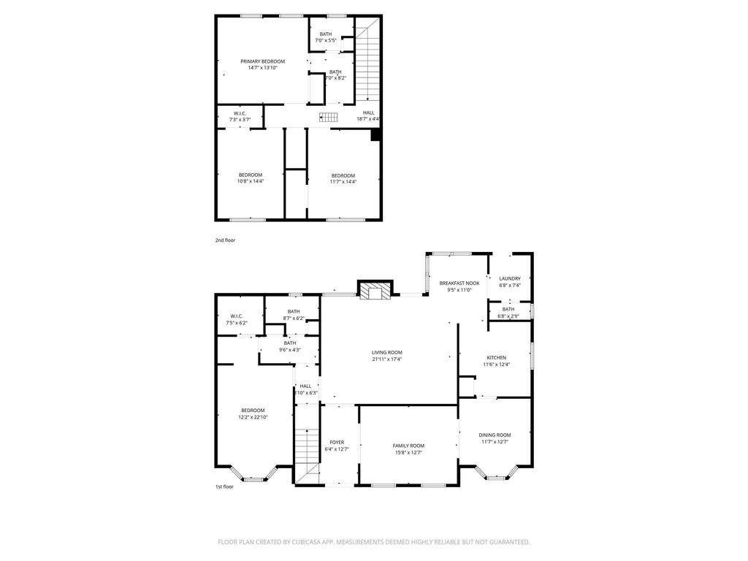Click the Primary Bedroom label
coord(262,61)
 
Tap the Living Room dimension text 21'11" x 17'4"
coord(387,359)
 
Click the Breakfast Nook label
coord(459,283)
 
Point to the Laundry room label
coord(510,278)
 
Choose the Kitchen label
coord(497,358)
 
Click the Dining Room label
coord(495,435)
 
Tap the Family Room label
coord(409,446)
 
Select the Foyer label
coord(337,442)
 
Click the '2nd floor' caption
coord(225,240)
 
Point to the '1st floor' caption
coord(224,487)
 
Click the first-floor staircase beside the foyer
coord(307,457)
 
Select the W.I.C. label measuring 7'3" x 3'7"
coord(239,113)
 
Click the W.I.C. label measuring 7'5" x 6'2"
coord(237,316)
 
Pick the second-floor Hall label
coord(368,112)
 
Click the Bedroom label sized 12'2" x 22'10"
coord(253,411)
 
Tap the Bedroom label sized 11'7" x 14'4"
coord(343,175)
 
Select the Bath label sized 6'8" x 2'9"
coord(508,309)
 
